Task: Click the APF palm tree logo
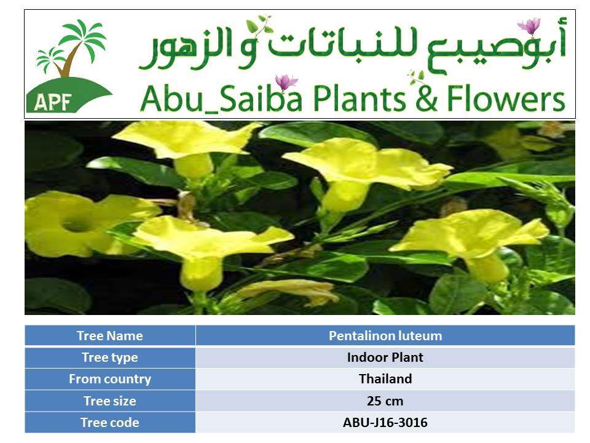tap(69, 66)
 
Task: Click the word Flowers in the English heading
tap(506, 98)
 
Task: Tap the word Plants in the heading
tap(360, 98)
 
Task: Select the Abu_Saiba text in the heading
tap(221, 98)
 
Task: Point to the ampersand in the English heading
tap(427, 98)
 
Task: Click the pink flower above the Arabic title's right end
tap(529, 26)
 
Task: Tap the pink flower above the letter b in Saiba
tap(286, 82)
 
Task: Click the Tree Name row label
tap(110, 336)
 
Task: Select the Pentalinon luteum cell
tap(385, 336)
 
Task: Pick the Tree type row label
tap(110, 357)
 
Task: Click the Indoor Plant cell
tap(385, 357)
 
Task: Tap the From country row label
tap(110, 379)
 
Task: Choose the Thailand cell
tap(385, 378)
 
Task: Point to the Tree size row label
tap(110, 401)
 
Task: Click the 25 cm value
tap(385, 401)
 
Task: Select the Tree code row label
tap(110, 422)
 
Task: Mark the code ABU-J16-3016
tap(385, 422)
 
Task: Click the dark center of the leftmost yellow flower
tap(76, 225)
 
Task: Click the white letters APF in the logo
tap(53, 102)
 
